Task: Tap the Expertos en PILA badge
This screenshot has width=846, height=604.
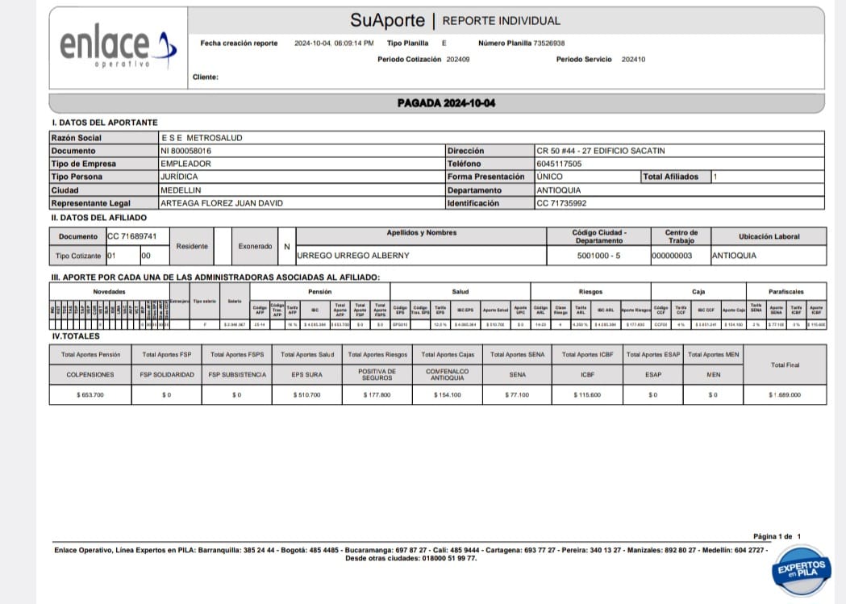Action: (x=800, y=569)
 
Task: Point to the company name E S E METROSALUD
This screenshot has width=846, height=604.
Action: (x=202, y=138)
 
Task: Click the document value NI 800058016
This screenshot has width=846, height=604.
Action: (x=186, y=151)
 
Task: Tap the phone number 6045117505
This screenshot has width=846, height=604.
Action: (x=559, y=164)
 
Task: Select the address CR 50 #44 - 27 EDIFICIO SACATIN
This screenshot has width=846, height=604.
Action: (x=601, y=151)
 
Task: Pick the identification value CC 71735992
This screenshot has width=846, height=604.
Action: (x=561, y=203)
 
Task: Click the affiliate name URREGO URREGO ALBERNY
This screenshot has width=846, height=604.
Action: (x=353, y=256)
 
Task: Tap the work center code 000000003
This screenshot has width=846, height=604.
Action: (x=671, y=256)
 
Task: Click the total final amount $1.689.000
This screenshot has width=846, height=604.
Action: (x=784, y=395)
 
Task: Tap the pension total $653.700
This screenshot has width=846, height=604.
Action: (x=90, y=395)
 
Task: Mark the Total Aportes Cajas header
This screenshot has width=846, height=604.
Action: (x=448, y=355)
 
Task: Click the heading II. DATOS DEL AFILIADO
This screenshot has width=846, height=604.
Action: (x=98, y=218)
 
